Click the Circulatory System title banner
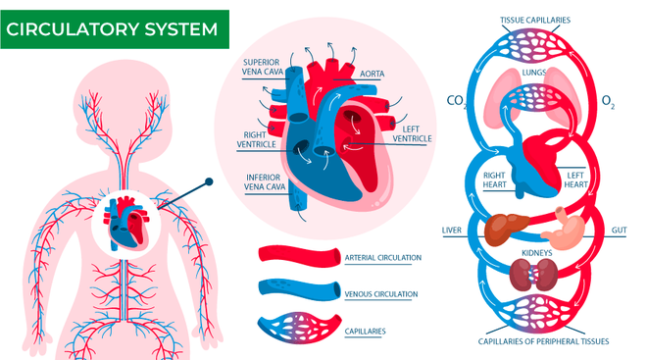[x=115, y=28]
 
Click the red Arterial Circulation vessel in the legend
[x=297, y=256]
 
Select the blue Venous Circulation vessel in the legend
[x=297, y=291]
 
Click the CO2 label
[x=456, y=100]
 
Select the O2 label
[x=608, y=100]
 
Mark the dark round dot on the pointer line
[x=208, y=182]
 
